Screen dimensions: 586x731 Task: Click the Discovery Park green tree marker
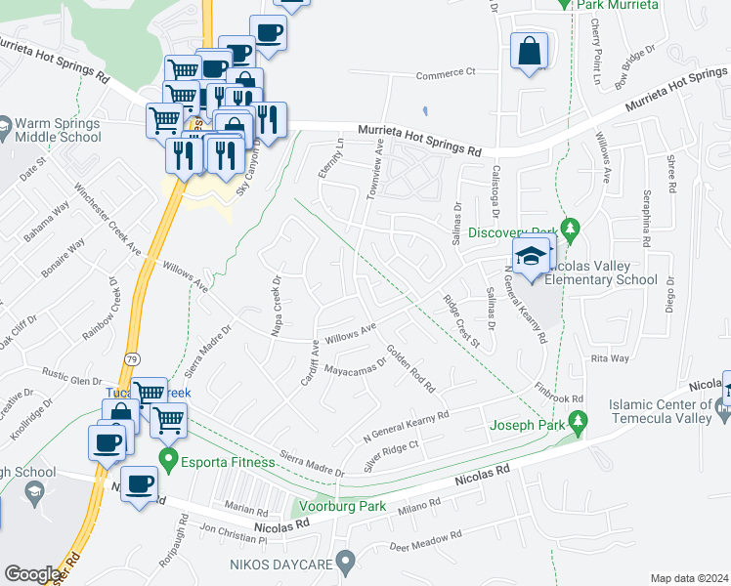pyautogui.click(x=573, y=230)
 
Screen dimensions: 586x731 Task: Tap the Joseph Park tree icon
pyautogui.click(x=579, y=423)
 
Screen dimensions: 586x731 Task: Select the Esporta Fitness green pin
pyautogui.click(x=169, y=458)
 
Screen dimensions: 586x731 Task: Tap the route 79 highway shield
pyautogui.click(x=132, y=359)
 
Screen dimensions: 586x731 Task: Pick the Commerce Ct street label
pyautogui.click(x=445, y=72)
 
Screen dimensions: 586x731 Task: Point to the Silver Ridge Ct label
pyautogui.click(x=391, y=455)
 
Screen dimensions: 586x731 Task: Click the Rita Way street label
pyautogui.click(x=610, y=358)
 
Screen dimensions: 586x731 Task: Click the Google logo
pyautogui.click(x=32, y=573)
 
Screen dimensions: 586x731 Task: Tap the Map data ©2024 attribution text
pyautogui.click(x=689, y=578)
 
